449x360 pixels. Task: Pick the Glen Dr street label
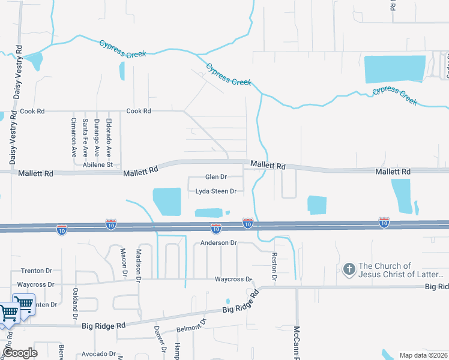(x=215, y=177)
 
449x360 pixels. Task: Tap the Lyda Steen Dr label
(x=215, y=192)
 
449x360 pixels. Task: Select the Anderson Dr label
(x=219, y=243)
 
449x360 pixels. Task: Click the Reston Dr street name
(x=273, y=266)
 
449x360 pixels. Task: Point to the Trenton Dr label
(x=37, y=271)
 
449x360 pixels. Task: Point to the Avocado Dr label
(x=98, y=354)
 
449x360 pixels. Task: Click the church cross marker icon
(x=349, y=269)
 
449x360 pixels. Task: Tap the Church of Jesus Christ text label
(x=401, y=270)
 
